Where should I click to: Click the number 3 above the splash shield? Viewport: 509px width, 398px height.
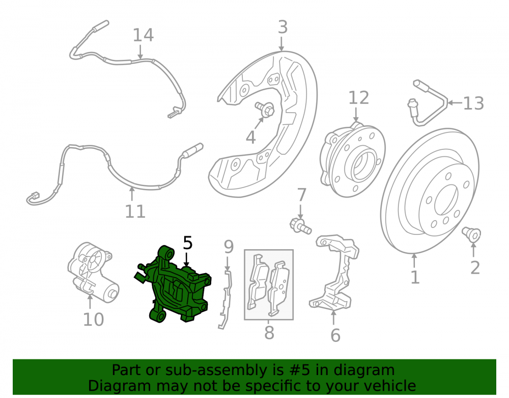click(282, 28)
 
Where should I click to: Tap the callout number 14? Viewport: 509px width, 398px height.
click(143, 35)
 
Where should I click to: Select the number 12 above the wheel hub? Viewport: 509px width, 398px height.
click(359, 98)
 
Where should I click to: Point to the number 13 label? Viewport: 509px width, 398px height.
click(473, 103)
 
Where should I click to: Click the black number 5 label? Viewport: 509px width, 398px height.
click(188, 243)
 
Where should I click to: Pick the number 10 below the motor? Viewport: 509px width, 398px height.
click(94, 320)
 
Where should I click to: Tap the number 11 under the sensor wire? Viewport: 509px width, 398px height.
click(135, 211)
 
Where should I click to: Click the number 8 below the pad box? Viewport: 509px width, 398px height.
click(269, 333)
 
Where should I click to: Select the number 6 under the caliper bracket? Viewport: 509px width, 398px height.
click(335, 335)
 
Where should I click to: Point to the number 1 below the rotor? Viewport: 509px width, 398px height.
click(415, 278)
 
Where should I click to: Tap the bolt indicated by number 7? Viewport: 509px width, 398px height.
click(301, 226)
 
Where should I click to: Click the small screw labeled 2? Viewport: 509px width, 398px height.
click(472, 234)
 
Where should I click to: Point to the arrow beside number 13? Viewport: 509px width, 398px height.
click(455, 103)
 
